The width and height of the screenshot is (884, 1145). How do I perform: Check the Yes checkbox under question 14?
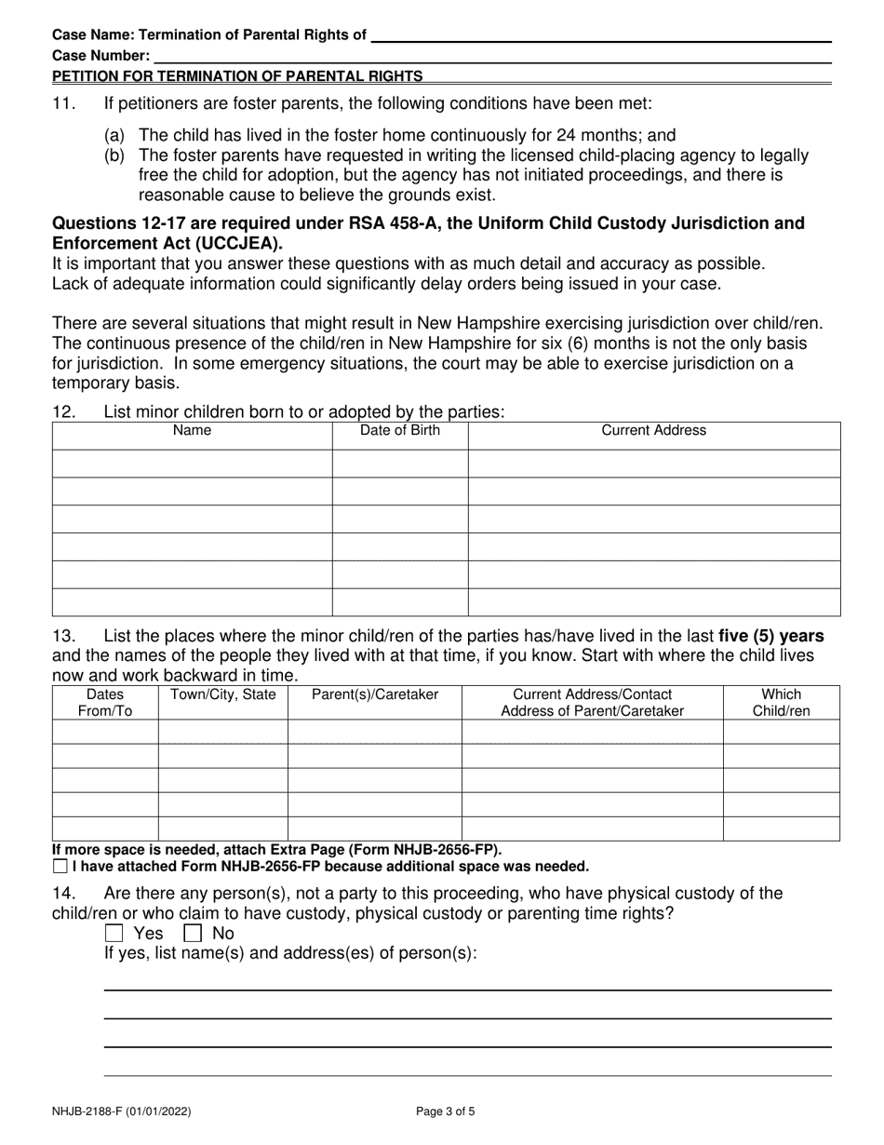[114, 933]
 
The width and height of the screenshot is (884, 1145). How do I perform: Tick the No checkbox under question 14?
[193, 933]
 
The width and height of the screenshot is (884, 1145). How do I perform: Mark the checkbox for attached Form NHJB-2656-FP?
[60, 867]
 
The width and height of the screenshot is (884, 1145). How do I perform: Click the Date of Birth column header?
[400, 431]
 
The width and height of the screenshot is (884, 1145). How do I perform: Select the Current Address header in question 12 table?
[653, 431]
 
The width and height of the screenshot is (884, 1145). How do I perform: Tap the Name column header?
[193, 431]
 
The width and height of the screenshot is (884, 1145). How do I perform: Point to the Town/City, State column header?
[222, 694]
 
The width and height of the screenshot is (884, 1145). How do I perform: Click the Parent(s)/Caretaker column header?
[374, 694]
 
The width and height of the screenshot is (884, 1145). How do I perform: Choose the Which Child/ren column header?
[781, 703]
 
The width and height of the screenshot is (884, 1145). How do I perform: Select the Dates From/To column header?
[104, 703]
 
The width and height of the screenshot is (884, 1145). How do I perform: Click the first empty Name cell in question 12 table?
[193, 464]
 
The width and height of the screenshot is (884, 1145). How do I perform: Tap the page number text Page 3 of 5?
[449, 1111]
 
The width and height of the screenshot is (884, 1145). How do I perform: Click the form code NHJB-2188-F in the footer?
[92, 1111]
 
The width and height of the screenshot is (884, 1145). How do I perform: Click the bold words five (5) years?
[770, 637]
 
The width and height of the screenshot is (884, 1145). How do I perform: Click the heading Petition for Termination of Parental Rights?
[237, 76]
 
